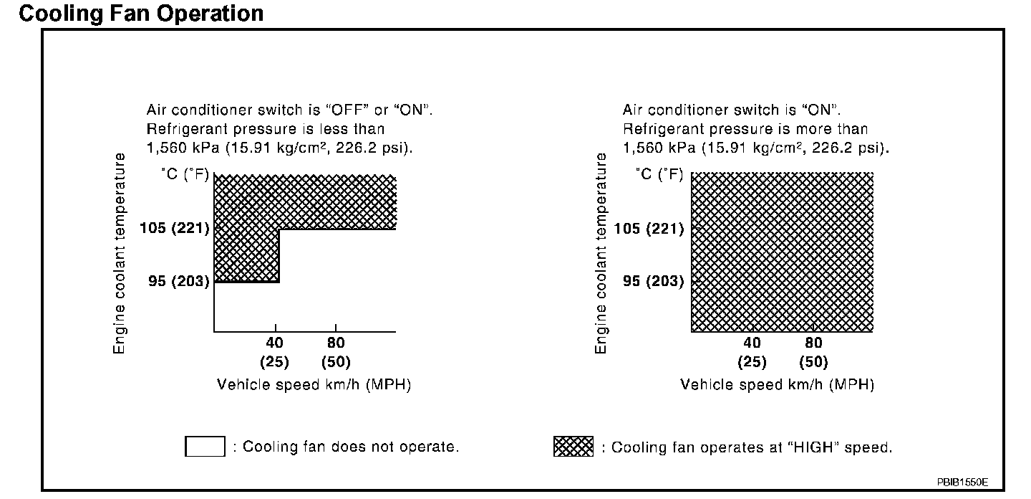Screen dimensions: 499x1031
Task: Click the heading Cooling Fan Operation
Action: click(141, 13)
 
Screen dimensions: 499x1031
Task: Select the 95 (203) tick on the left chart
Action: click(179, 281)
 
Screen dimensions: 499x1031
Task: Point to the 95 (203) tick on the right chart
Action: click(654, 281)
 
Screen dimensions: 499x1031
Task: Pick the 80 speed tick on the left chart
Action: click(336, 343)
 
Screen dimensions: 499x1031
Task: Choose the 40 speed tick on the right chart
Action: click(752, 343)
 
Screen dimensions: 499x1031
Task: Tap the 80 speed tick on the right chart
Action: click(813, 343)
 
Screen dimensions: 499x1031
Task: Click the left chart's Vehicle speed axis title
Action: click(314, 385)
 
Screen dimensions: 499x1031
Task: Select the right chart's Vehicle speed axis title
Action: click(777, 385)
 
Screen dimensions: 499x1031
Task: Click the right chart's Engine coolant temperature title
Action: click(601, 253)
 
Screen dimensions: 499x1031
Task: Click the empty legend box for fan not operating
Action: click(205, 447)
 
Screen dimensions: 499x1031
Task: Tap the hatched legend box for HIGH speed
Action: click(573, 447)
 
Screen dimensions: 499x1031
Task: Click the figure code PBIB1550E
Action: click(962, 482)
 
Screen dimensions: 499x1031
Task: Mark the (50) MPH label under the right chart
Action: click(813, 362)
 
